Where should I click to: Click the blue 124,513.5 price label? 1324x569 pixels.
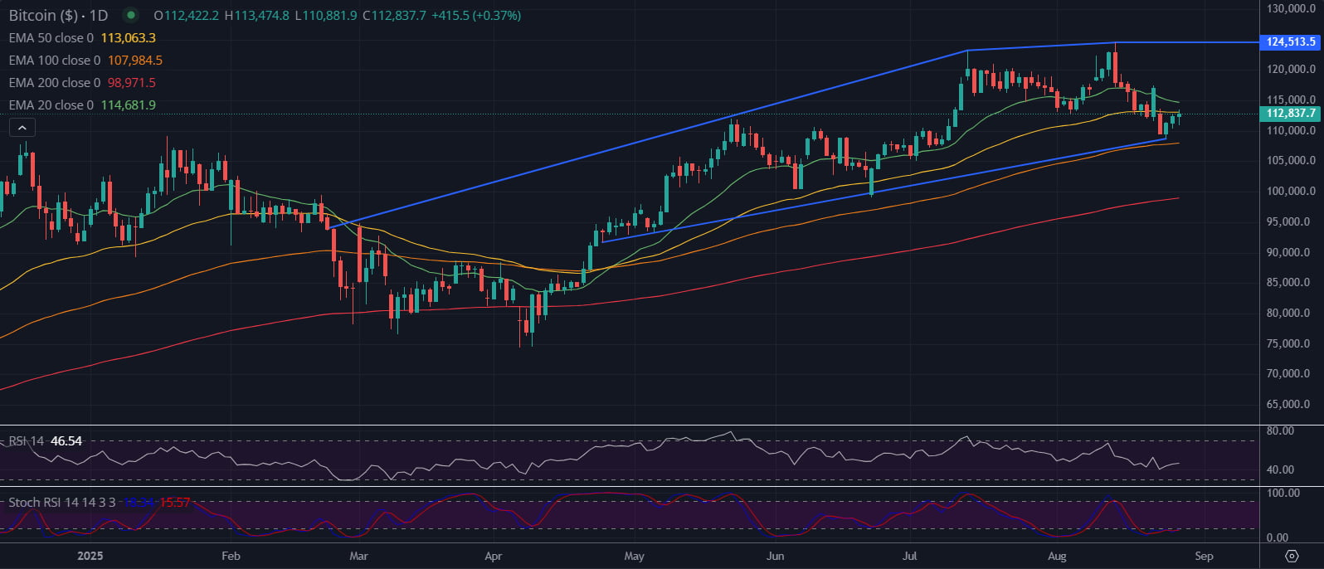pyautogui.click(x=1291, y=41)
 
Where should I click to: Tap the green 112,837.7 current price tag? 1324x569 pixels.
pyautogui.click(x=1291, y=114)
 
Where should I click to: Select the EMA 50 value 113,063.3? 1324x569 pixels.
pyautogui.click(x=128, y=38)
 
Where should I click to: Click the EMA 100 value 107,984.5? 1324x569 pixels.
pyautogui.click(x=134, y=61)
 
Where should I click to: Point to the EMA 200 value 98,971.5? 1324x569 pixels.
pyautogui.click(x=131, y=83)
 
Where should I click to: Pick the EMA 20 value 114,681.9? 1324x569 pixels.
pyautogui.click(x=128, y=105)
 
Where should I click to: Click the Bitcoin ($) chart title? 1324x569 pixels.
pyautogui.click(x=44, y=16)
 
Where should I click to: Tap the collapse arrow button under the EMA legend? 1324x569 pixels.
pyautogui.click(x=22, y=128)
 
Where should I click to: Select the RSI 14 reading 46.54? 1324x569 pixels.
pyautogui.click(x=66, y=441)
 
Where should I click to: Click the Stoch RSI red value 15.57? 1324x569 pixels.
pyautogui.click(x=175, y=503)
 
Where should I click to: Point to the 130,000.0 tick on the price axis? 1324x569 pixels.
pyautogui.click(x=1291, y=8)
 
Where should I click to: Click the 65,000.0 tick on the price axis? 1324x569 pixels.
pyautogui.click(x=1291, y=404)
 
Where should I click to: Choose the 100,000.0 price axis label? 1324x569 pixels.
pyautogui.click(x=1291, y=191)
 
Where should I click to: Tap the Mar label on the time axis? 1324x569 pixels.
pyautogui.click(x=358, y=556)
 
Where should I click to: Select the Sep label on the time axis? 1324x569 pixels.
pyautogui.click(x=1204, y=556)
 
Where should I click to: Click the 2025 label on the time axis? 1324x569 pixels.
pyautogui.click(x=90, y=556)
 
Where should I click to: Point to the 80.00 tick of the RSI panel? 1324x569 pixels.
pyautogui.click(x=1280, y=431)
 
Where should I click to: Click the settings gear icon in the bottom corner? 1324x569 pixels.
pyautogui.click(x=1291, y=556)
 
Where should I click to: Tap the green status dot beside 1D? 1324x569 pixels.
pyautogui.click(x=130, y=15)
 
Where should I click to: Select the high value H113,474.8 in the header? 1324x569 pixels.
pyautogui.click(x=256, y=16)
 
